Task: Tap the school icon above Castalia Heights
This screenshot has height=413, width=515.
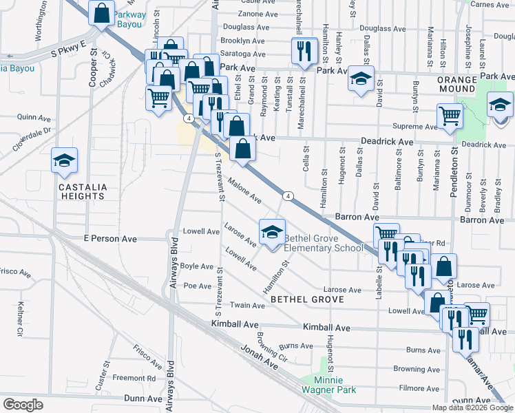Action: tap(65, 162)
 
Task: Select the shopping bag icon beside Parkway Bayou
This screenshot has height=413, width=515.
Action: tap(102, 12)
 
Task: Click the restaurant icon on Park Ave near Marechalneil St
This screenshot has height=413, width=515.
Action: tap(302, 51)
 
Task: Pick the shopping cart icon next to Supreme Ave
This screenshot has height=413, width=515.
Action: tap(450, 116)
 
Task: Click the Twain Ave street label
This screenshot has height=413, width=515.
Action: tap(248, 305)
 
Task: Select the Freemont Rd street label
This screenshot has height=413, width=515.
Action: tap(134, 378)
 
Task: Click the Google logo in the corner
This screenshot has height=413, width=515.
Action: tap(23, 405)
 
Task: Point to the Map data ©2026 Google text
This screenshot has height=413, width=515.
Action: tap(472, 407)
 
